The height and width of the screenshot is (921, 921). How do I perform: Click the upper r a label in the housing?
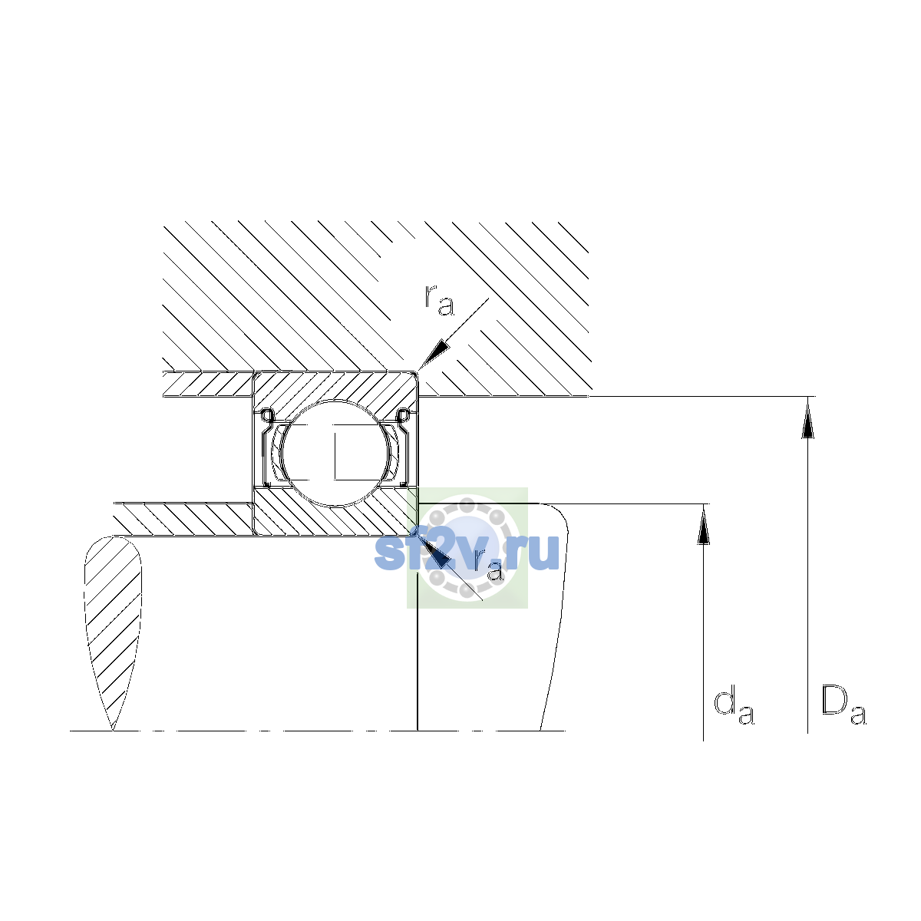(x=439, y=301)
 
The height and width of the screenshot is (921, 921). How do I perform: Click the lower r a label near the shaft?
(x=488, y=565)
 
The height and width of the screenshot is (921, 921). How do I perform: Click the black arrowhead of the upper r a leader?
(x=433, y=355)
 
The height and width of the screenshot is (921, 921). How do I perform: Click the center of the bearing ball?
(x=336, y=453)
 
